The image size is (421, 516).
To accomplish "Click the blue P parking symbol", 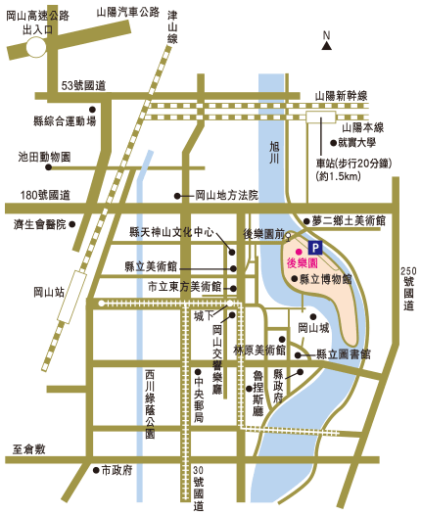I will (315, 249).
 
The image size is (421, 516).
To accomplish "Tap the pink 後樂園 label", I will (304, 263).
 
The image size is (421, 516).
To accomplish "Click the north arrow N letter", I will (327, 35).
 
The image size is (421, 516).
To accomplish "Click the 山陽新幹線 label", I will (341, 95).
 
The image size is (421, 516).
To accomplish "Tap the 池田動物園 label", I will (44, 157).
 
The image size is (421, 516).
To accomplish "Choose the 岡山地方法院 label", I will (226, 196).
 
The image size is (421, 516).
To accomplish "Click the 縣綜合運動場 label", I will (64, 121).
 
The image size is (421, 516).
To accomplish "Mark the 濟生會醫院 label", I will (38, 224).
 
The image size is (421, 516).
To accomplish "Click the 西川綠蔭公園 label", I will (150, 402).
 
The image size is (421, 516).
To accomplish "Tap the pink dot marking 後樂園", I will (300, 251).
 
